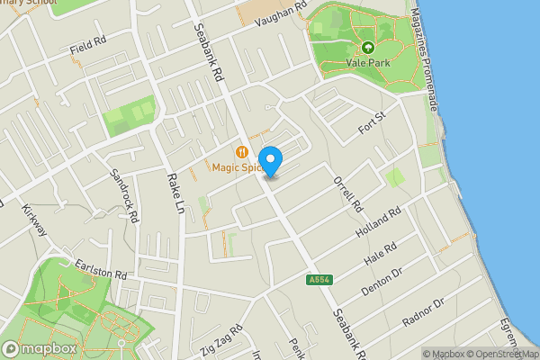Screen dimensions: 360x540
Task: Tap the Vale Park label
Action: [x=367, y=63]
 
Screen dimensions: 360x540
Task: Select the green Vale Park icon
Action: [x=367, y=47]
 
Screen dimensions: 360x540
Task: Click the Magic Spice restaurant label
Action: [x=236, y=166]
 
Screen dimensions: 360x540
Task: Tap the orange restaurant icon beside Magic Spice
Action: [x=241, y=151]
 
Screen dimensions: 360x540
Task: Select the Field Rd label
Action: [x=88, y=45]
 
